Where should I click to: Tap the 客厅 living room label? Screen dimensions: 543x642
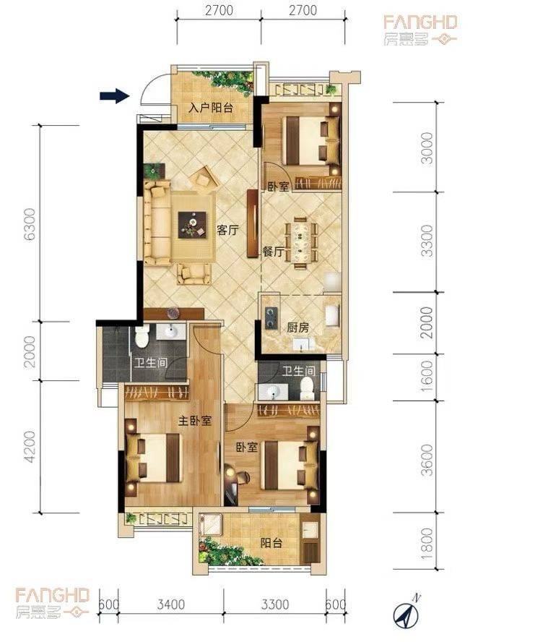click(227, 230)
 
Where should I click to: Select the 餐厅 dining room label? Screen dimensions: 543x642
click(273, 252)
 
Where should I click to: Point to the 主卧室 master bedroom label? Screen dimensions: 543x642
click(195, 421)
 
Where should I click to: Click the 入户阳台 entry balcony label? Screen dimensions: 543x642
click(211, 108)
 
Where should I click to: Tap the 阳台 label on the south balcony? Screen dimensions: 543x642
click(271, 543)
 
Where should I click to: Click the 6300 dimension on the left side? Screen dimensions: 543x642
click(30, 224)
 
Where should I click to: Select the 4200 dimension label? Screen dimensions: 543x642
click(30, 447)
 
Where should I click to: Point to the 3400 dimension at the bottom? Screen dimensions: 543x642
click(171, 604)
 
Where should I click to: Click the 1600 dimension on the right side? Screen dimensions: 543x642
click(427, 376)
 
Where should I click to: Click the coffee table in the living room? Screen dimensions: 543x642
click(192, 224)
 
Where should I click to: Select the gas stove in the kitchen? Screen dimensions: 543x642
click(270, 318)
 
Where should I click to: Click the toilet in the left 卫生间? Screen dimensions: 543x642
click(142, 335)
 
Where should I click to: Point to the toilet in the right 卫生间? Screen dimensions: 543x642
click(306, 388)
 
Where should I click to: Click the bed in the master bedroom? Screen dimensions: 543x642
click(153, 458)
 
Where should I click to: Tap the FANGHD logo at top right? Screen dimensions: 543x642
click(421, 29)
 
